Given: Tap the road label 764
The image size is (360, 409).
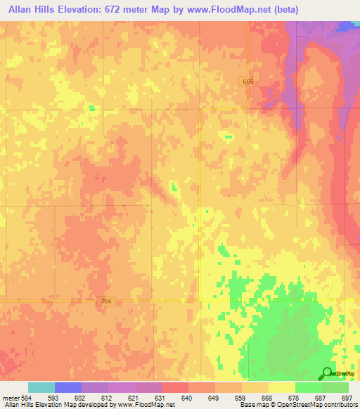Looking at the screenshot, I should tap(105, 301).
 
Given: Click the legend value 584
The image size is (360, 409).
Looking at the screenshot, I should tap(27, 398).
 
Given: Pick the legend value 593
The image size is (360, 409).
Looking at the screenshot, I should tap(53, 398).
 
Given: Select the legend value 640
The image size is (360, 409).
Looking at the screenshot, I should tap(186, 398).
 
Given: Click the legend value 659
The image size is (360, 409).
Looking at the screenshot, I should tap(240, 398).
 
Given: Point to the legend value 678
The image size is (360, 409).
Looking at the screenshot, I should tap(293, 398).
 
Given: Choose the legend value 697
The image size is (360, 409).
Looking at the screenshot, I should tap(345, 398).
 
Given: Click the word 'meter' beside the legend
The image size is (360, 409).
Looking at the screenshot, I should tap(11, 398).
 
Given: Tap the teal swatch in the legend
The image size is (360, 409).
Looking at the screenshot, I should tap(41, 387).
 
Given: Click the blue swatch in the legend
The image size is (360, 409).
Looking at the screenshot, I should tap(68, 387).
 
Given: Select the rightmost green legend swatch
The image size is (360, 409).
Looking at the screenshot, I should tap(335, 387).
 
